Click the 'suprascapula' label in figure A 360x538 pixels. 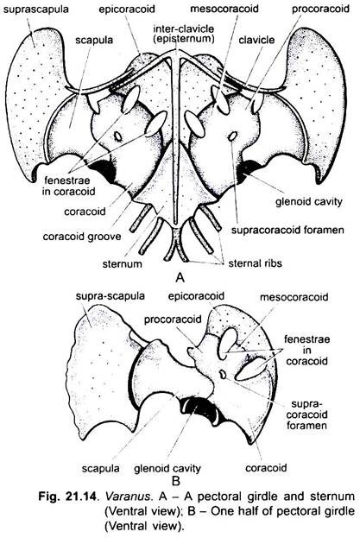click(36, 9)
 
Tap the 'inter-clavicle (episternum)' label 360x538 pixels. click(184, 34)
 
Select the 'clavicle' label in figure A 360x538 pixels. click(256, 40)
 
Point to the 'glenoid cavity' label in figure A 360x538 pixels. click(308, 201)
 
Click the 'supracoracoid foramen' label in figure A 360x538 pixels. click(287, 230)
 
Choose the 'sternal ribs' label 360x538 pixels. click(255, 263)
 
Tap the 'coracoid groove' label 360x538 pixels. click(82, 237)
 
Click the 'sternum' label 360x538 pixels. click(122, 264)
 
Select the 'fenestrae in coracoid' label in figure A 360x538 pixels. click(68, 186)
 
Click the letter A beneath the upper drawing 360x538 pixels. click(180, 277)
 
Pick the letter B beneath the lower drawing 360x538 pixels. click(175, 481)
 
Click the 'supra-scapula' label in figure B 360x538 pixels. click(110, 296)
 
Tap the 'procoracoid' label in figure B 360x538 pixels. click(173, 320)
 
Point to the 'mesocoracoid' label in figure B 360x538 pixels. click(294, 297)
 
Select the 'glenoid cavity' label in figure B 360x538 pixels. click(167, 468)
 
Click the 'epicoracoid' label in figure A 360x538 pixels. click(127, 9)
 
